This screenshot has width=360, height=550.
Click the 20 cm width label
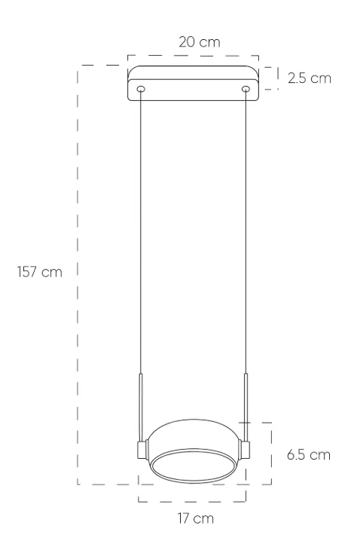pos(200,41)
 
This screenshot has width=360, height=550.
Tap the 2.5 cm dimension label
pos(309,78)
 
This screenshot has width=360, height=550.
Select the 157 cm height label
pos(40,272)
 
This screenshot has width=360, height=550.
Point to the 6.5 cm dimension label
pos(309,455)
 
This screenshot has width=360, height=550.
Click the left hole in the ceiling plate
pos(140,90)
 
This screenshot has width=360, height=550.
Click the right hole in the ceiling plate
pos(246,90)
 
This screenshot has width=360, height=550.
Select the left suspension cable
pos(140,226)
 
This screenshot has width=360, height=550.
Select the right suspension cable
pos(246,226)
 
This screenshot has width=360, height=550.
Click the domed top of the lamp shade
pos(193,429)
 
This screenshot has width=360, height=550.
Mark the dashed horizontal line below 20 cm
pos(193,55)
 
